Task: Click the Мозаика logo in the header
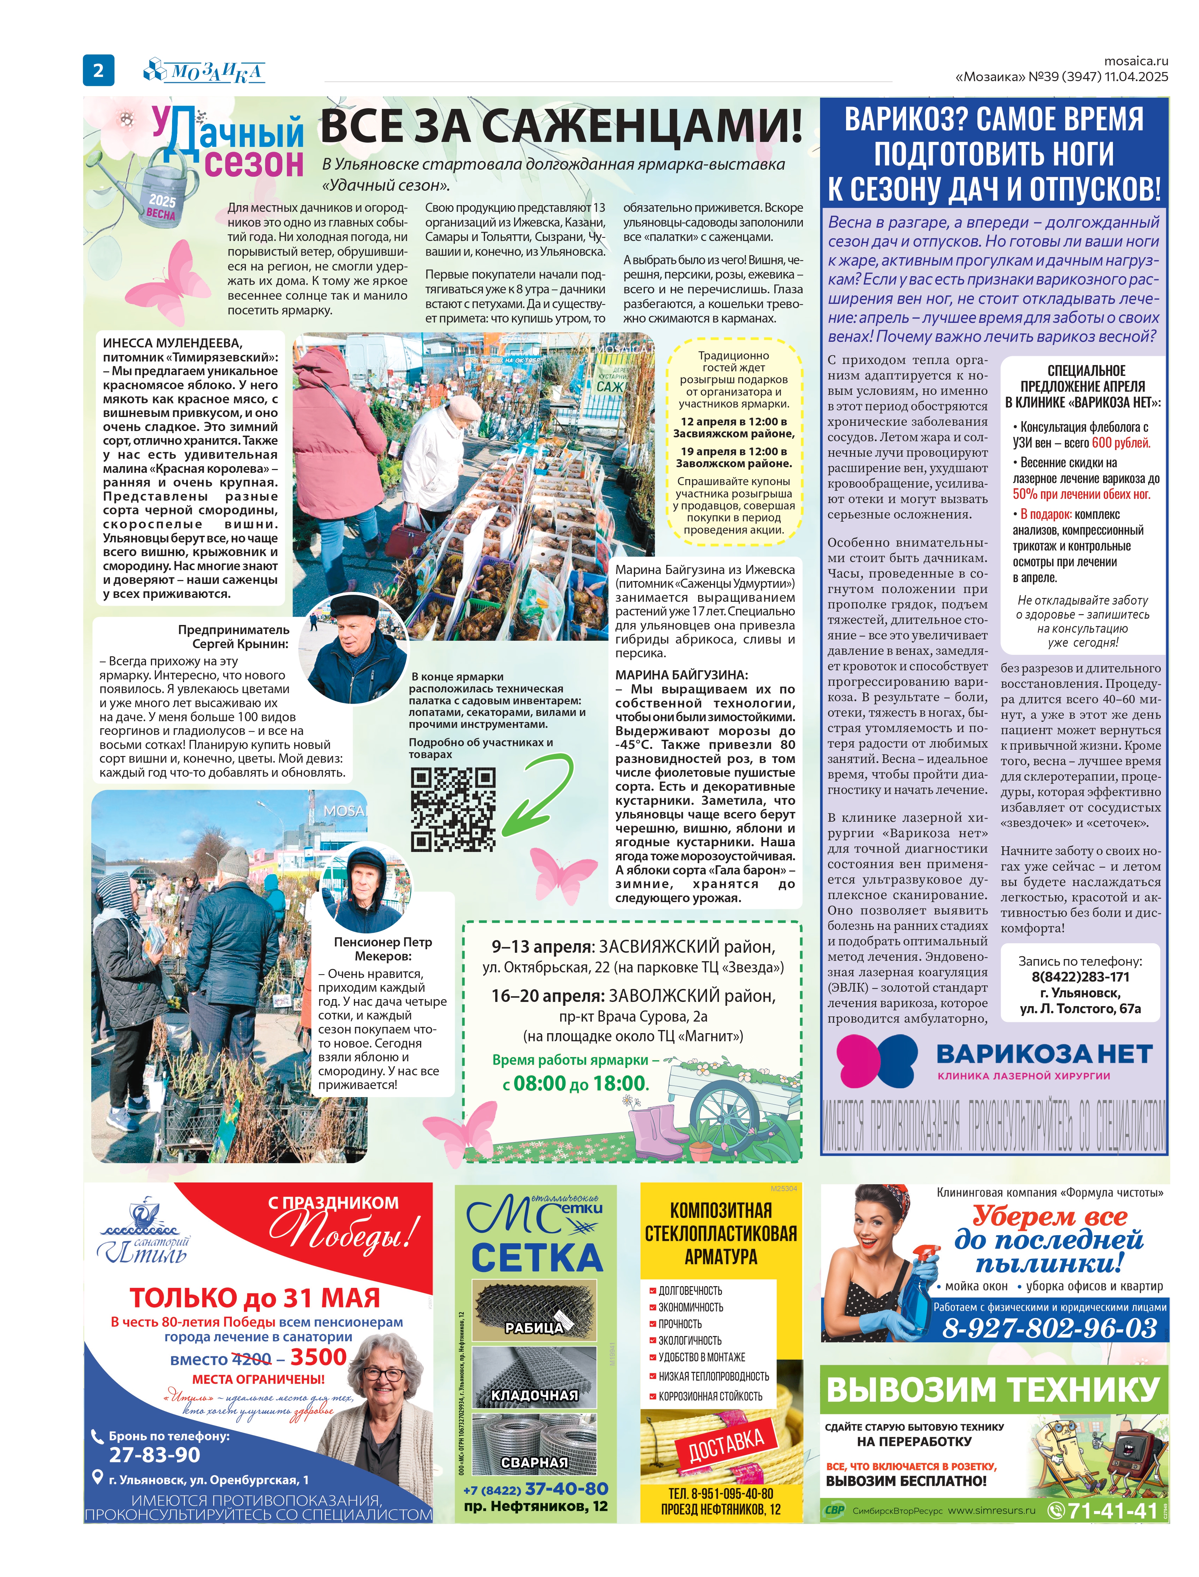click(205, 71)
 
